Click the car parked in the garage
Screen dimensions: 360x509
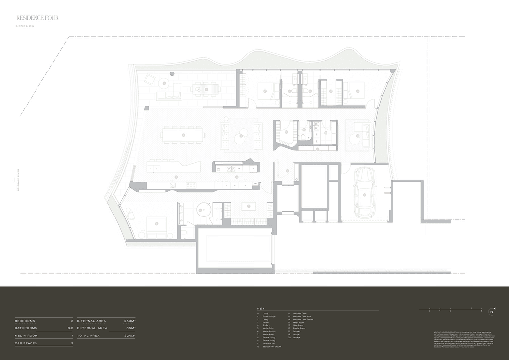pyautogui.click(x=364, y=193)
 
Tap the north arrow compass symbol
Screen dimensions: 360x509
pyautogui.click(x=492, y=311)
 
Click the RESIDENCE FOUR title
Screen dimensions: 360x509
pyautogui.click(x=37, y=18)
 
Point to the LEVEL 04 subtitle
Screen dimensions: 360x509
pyautogui.click(x=25, y=26)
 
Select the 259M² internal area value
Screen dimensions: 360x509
pyautogui.click(x=130, y=321)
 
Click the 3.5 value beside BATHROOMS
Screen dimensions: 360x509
pyautogui.click(x=70, y=328)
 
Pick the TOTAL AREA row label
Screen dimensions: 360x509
pyautogui.click(x=88, y=336)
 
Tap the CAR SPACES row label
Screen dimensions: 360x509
pyautogui.click(x=27, y=343)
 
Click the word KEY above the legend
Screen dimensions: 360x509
pyautogui.click(x=261, y=308)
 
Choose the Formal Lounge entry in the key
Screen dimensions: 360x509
pyautogui.click(x=269, y=316)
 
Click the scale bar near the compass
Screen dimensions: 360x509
pyautogui.click(x=450, y=309)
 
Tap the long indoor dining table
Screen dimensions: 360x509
pyautogui.click(x=182, y=134)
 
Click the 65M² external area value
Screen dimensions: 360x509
pyautogui.click(x=131, y=328)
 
